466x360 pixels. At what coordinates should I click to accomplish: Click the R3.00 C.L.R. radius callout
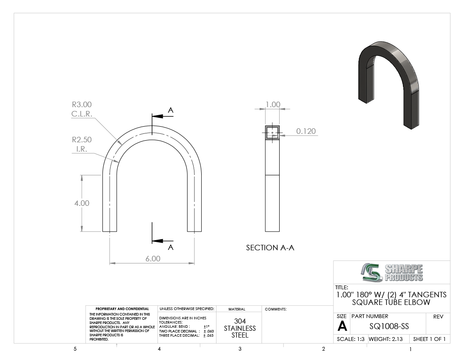82,109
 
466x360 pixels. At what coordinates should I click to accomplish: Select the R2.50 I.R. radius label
82,144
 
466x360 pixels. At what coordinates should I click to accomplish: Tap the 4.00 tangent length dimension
82,203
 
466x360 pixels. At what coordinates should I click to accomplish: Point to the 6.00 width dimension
153,259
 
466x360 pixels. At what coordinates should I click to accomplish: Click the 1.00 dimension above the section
273,105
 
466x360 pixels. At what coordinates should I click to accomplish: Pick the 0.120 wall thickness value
306,131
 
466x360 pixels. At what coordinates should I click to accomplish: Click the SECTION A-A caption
270,248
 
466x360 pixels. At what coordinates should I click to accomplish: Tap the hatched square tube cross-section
272,133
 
